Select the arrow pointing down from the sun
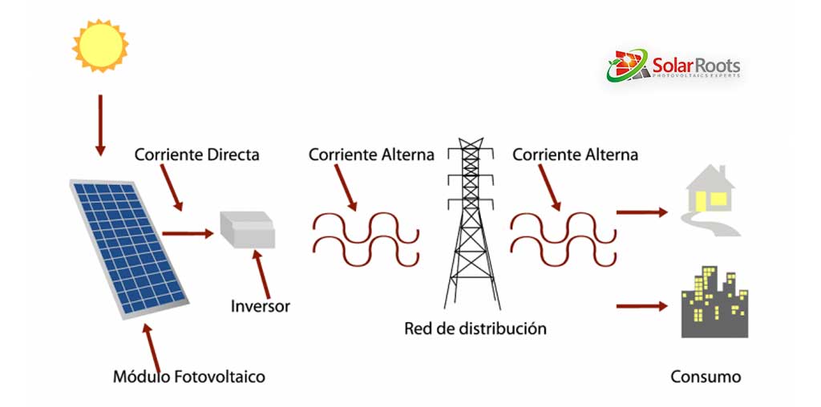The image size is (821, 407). (100, 124)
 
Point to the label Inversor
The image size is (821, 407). (261, 306)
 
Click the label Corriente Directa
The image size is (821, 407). (196, 155)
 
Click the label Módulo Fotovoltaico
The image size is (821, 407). (188, 376)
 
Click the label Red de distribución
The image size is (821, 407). (475, 328)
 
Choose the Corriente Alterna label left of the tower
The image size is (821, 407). (371, 155)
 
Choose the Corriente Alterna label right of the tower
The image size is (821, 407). (575, 155)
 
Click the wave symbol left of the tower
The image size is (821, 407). (366, 237)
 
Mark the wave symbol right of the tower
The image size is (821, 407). (564, 237)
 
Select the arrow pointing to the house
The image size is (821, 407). (641, 212)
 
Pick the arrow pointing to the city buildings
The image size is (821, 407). (641, 306)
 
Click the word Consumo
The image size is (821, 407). (706, 377)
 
